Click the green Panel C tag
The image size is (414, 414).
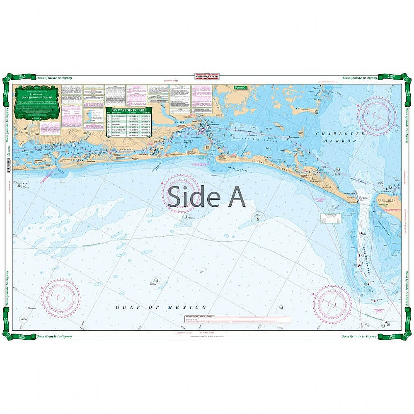pos(240,87)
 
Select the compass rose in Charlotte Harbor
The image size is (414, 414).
pos(377,116)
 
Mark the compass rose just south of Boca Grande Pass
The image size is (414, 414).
pos(332,304)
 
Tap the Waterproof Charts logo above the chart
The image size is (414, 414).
pos(207,76)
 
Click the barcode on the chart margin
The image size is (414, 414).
pos(9,165)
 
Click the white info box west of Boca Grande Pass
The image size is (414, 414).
pos(330,218)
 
